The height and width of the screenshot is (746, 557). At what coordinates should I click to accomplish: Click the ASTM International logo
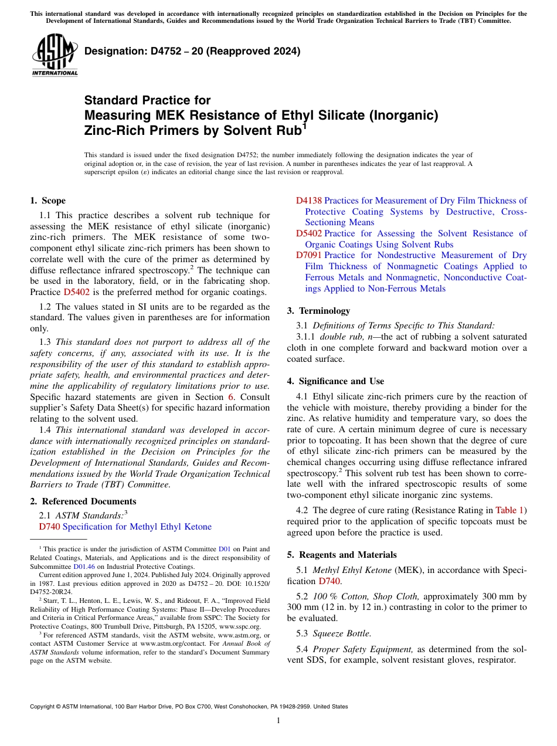[x=55, y=55]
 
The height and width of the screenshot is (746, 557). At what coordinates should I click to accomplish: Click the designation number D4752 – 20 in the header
[x=192, y=51]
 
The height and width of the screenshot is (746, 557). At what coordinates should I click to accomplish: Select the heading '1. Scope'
[x=48, y=201]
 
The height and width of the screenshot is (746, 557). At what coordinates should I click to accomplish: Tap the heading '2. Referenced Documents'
[x=83, y=501]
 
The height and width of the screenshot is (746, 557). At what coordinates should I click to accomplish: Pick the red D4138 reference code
[x=308, y=201]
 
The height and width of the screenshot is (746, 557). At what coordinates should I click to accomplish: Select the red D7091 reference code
[x=308, y=255]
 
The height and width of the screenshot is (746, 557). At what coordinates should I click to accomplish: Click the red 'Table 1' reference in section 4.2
[x=510, y=510]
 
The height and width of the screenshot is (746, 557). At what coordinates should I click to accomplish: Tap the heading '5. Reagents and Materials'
[x=342, y=555]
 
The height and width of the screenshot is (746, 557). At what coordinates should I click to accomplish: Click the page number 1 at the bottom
[x=278, y=721]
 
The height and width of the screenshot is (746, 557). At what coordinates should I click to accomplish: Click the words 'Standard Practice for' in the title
[x=147, y=100]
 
